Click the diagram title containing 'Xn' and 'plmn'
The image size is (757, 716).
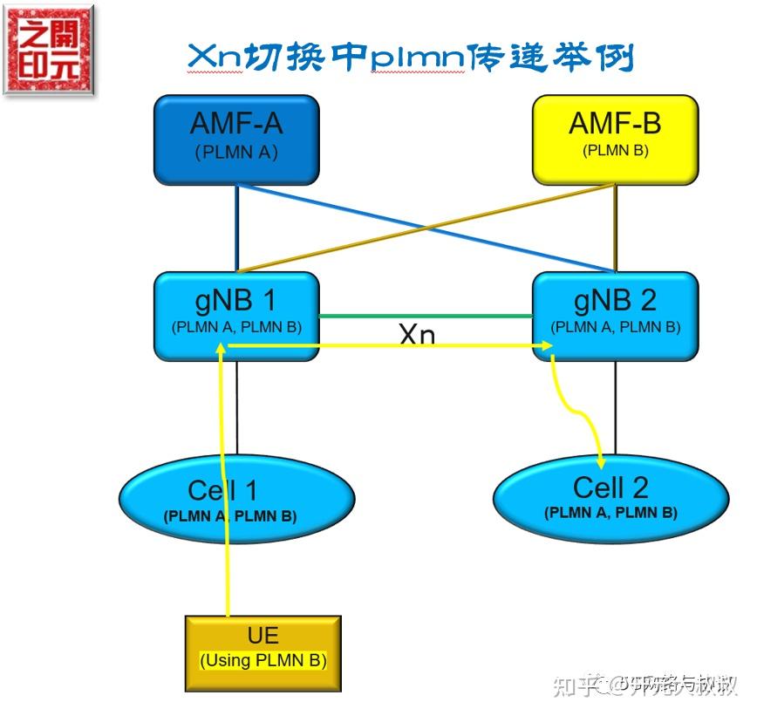tap(410, 58)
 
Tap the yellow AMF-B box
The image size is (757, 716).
tap(615, 140)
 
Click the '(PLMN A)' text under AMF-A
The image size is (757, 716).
tap(236, 152)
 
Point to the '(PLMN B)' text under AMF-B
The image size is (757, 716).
tap(615, 150)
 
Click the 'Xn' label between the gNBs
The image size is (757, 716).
tap(417, 334)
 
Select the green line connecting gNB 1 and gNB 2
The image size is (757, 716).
tap(426, 316)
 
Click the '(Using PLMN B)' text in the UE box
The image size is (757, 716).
tap(263, 660)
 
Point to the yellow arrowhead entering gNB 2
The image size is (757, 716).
tap(547, 346)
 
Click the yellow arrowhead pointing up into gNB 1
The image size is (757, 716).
tap(224, 348)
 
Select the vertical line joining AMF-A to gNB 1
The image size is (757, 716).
tap(236, 227)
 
